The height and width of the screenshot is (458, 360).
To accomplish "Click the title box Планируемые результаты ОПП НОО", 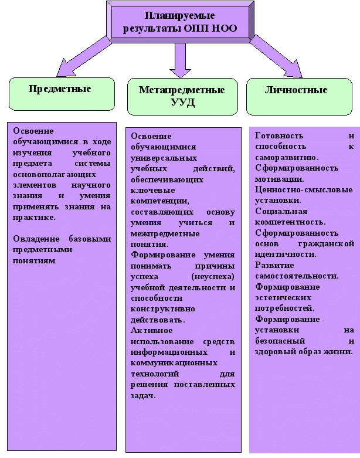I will [x=179, y=21].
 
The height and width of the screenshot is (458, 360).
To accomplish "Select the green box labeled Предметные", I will [x=60, y=91].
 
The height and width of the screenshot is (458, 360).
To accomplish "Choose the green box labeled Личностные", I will [x=296, y=91].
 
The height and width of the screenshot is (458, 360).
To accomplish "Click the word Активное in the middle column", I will [x=150, y=330].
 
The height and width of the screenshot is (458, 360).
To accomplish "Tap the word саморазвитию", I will [x=287, y=157].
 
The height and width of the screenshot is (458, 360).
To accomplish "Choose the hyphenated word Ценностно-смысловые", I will [x=304, y=190].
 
